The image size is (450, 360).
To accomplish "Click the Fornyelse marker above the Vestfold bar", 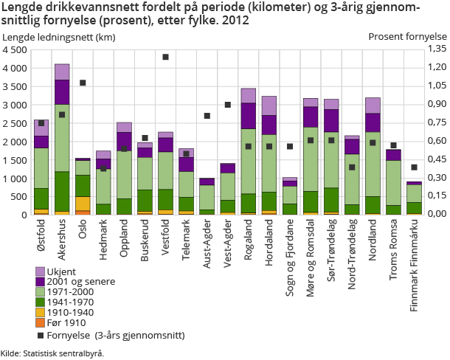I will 165,57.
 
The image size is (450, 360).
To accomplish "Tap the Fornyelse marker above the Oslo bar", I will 83,83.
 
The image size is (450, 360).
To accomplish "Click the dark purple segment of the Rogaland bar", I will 248,116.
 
